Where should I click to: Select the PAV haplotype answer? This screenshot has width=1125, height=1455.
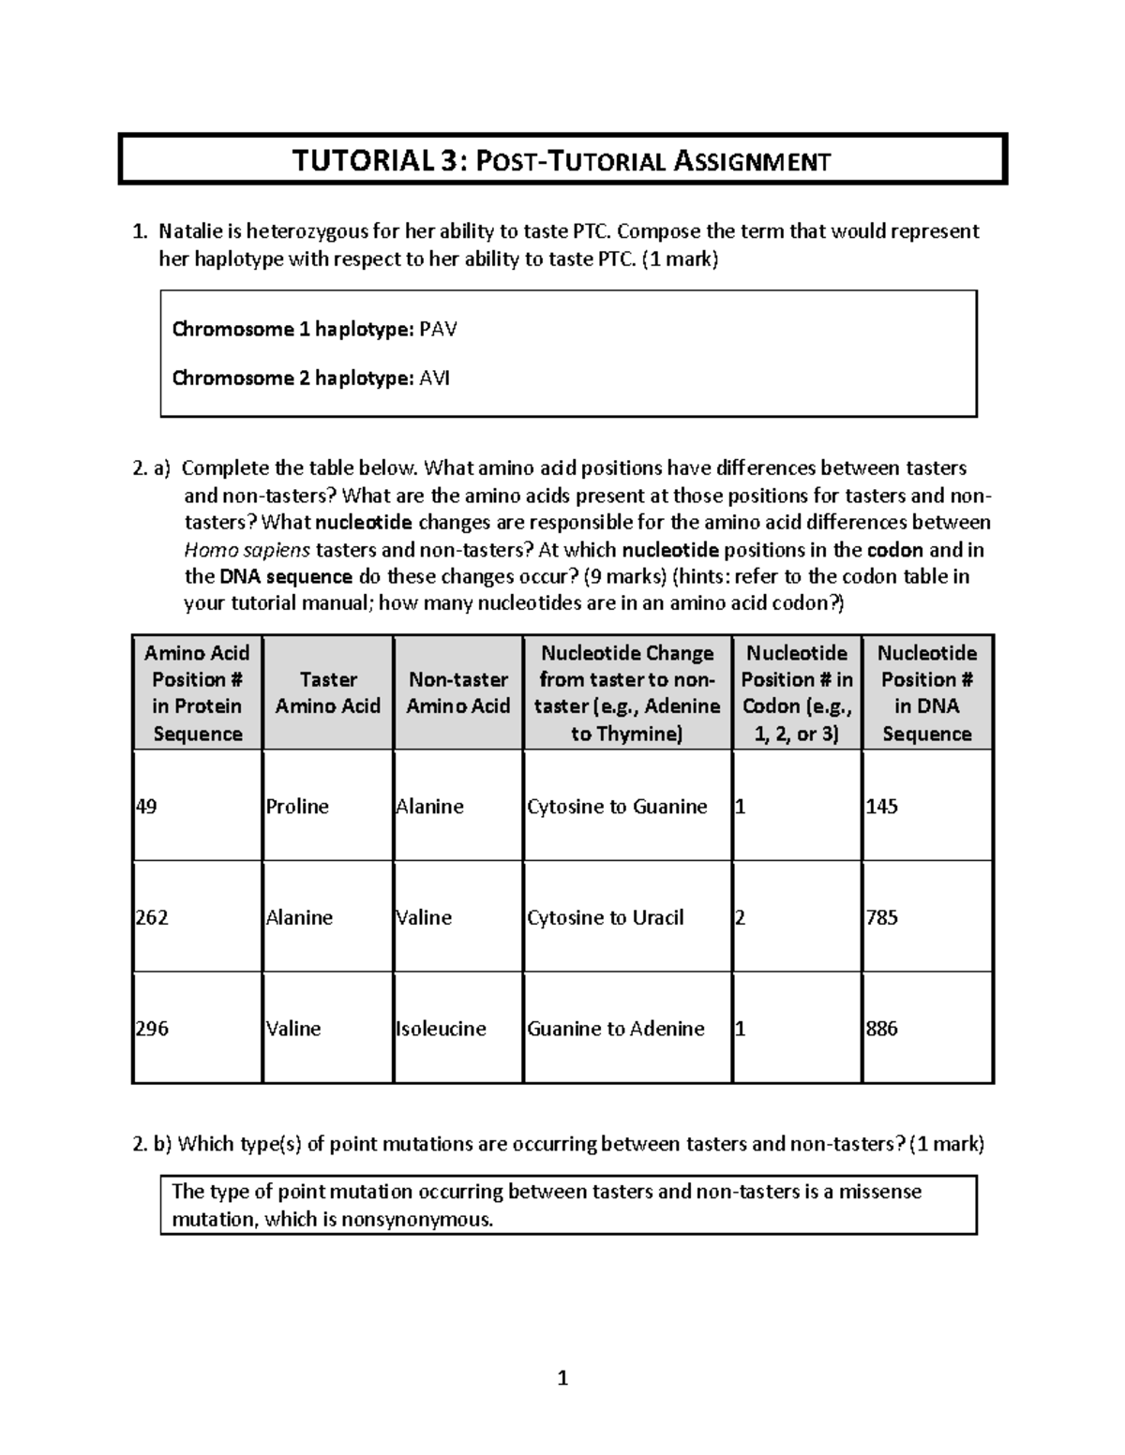coord(438,330)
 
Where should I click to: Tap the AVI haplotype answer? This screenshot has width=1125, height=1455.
coord(434,379)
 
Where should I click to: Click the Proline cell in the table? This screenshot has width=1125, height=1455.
coord(297,807)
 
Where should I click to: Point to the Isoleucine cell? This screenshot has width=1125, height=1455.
coord(441,1029)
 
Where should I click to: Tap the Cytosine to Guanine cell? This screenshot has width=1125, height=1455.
coord(617,807)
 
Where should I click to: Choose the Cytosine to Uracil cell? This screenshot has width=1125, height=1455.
coord(606,917)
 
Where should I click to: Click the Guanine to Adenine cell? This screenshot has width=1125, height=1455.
coord(616,1029)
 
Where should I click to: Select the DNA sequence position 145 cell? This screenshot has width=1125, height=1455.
coord(882,807)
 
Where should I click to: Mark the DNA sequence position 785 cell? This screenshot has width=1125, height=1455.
coord(882,917)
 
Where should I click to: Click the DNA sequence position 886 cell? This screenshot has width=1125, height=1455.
coord(882,1029)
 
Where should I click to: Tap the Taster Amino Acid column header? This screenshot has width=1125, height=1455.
coord(327,692)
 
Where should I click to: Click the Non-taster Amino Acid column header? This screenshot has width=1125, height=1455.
coord(457,692)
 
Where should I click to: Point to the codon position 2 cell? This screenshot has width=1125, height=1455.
coord(740,917)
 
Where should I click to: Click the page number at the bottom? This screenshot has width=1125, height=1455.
coord(562,1378)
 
